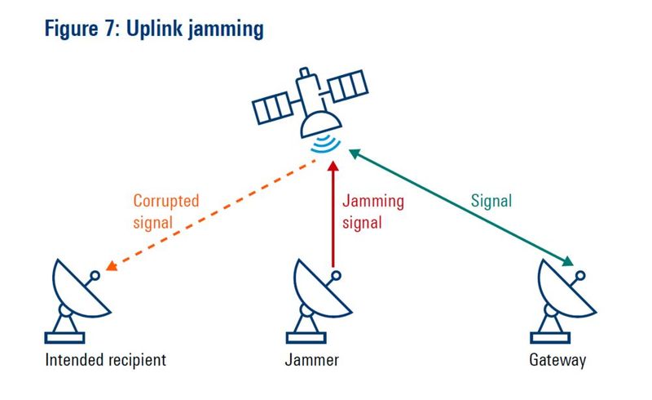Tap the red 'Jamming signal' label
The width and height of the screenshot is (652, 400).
click(372, 209)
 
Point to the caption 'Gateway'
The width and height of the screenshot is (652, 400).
click(557, 360)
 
